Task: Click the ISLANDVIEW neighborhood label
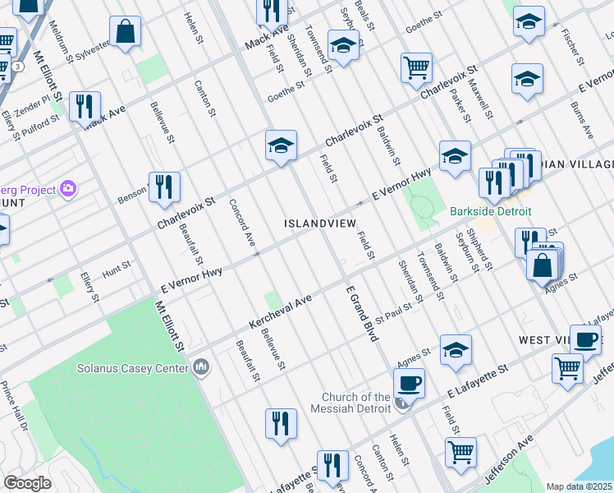pos(320,223)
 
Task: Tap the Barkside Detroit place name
pos(491,211)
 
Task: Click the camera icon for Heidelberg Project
pos(68,189)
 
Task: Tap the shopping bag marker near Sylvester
pos(127,33)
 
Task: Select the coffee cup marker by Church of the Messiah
pos(408,382)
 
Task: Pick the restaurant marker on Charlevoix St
pos(164,187)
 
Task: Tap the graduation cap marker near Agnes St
pos(456,350)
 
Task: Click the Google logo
pos(27,483)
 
